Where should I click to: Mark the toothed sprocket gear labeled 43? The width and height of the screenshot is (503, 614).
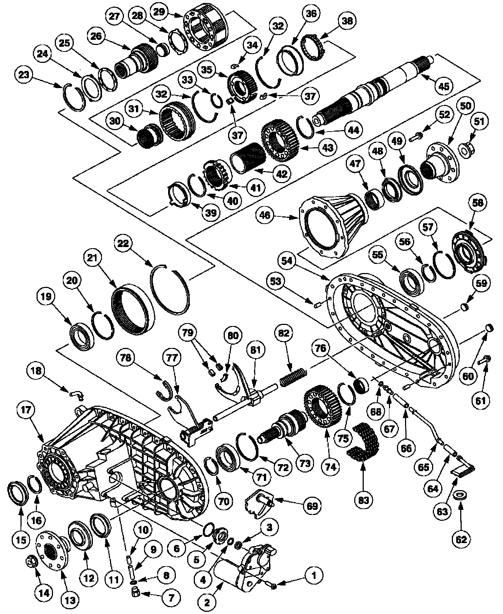pyautogui.click(x=281, y=141)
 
